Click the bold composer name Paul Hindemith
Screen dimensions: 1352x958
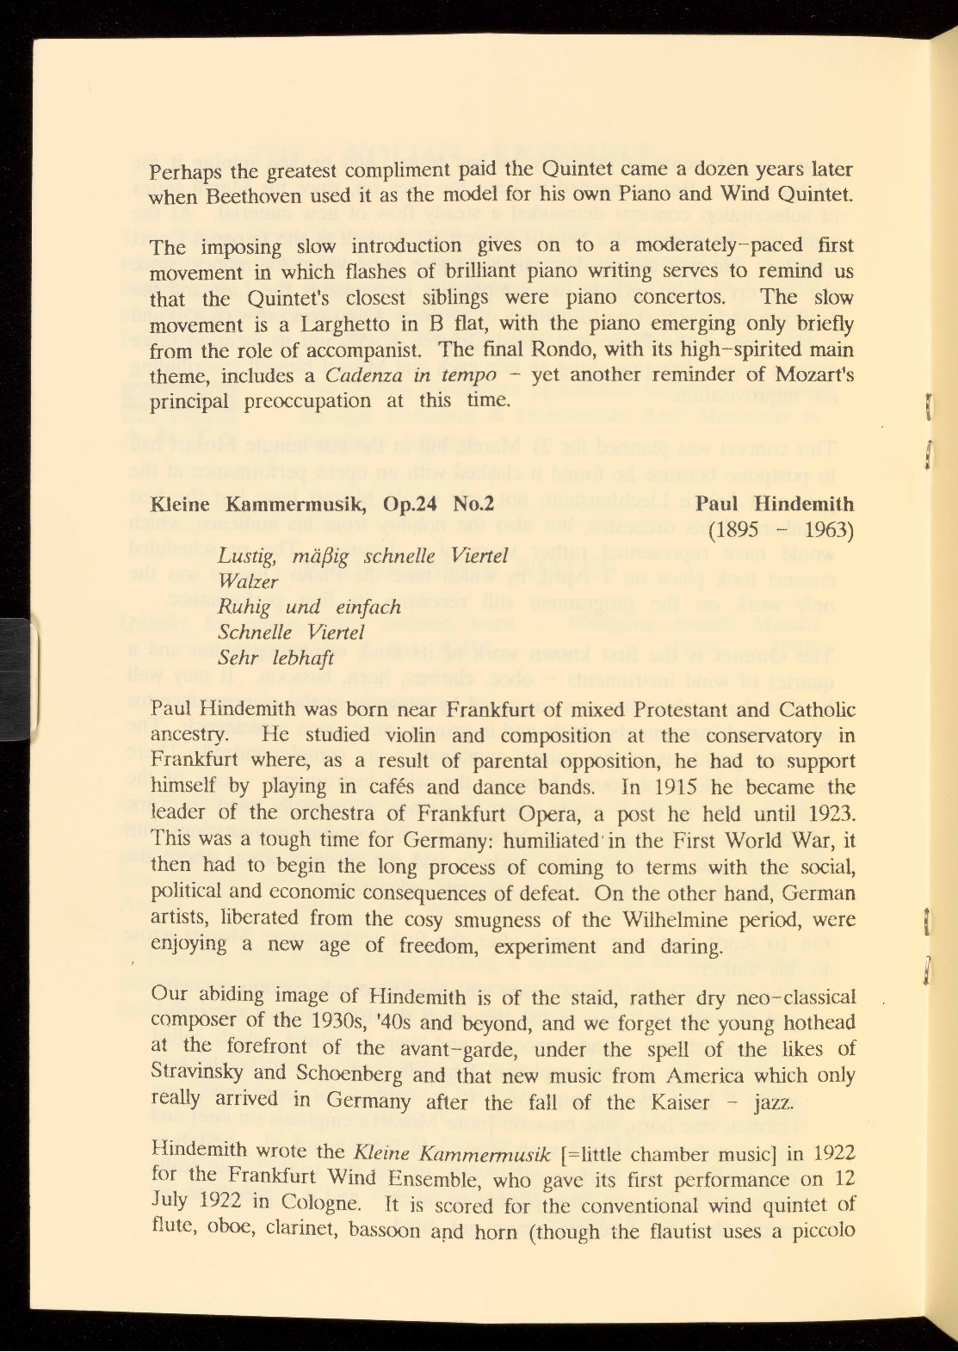coord(775,504)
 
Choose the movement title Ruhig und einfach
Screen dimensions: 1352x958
coord(310,607)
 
